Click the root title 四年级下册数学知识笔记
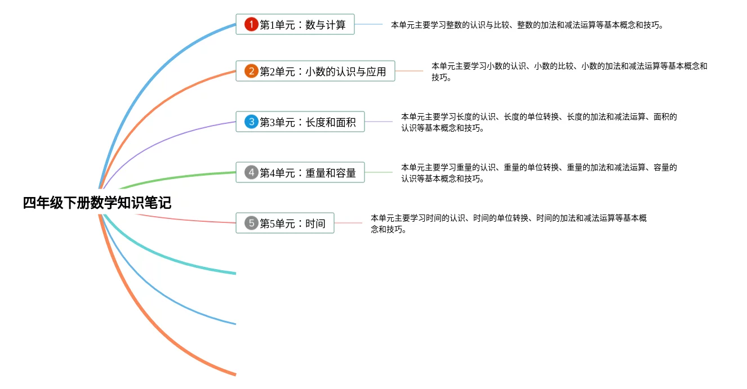coord(97,203)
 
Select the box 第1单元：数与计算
coord(295,24)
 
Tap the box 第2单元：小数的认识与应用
coord(315,71)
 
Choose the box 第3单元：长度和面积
coord(300,122)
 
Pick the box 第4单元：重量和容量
coord(300,172)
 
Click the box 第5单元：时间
coord(285,223)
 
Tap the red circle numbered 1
coord(251,24)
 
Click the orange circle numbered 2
coord(251,71)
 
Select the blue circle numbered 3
coord(251,122)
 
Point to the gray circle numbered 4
coord(251,172)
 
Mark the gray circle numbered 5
coord(251,223)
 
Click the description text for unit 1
coord(527,25)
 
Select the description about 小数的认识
coord(569,71)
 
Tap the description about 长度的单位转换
coord(539,122)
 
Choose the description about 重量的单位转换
coord(539,173)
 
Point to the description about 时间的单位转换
coord(509,223)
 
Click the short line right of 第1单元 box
coord(368,24)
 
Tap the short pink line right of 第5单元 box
coord(348,223)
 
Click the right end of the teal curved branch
coord(235,274)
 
